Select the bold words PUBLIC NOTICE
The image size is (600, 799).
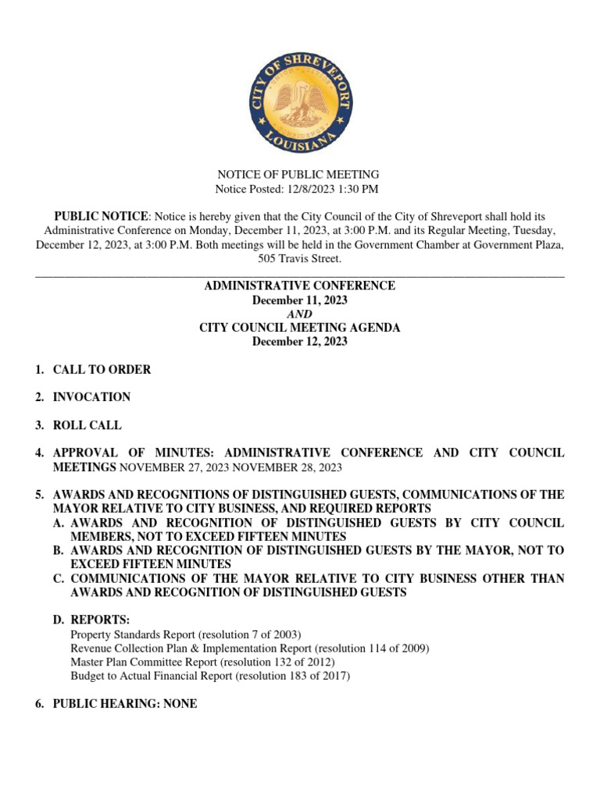coord(100,215)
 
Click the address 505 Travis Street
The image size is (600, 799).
coord(300,258)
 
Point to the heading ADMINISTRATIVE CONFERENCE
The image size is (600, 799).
coord(300,286)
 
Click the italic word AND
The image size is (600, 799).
coord(300,314)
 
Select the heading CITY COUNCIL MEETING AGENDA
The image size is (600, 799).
coord(300,328)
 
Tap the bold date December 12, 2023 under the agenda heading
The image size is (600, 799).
coord(300,342)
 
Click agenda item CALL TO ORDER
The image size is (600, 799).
coord(102,370)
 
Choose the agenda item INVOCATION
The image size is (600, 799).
coord(91,397)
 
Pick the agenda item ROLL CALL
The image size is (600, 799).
coord(87,425)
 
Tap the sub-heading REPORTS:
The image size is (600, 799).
coord(100,620)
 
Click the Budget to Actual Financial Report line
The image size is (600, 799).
coord(210,676)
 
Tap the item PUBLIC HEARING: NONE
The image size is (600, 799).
coord(124,704)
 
